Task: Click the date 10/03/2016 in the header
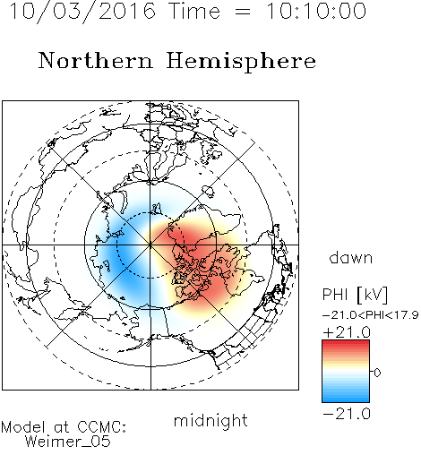82,12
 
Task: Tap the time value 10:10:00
316,11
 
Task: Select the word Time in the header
194,11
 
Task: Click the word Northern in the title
95,61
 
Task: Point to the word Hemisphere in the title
241,62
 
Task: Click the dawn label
351,257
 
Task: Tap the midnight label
210,420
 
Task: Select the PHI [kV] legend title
355,295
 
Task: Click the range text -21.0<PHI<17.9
370,315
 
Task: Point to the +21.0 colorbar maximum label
347,332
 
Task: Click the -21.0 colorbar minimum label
347,414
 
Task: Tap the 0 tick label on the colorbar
377,373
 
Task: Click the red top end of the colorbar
346,342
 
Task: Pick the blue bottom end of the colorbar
346,399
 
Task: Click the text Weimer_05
68,442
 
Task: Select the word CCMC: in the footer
102,427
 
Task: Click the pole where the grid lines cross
150,245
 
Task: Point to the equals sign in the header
243,12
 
